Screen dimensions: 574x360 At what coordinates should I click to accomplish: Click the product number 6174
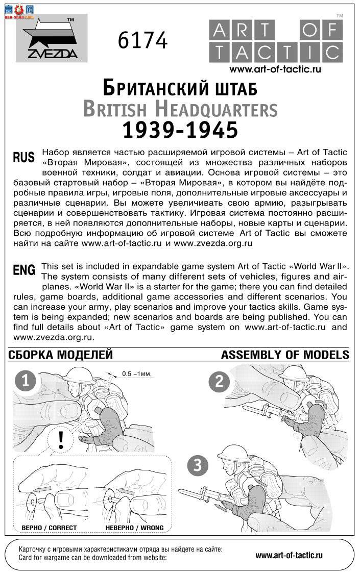[x=142, y=40]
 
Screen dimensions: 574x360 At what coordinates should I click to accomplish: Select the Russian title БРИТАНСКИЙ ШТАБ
[x=180, y=89]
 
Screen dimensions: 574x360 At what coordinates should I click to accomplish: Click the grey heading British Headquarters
[x=180, y=109]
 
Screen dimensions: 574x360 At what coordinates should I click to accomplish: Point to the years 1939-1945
[x=180, y=131]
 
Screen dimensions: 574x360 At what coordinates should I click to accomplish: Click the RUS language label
[x=23, y=158]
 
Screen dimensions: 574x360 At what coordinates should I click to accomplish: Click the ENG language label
[x=24, y=270]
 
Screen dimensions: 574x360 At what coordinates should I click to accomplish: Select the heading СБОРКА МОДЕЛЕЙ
[x=61, y=355]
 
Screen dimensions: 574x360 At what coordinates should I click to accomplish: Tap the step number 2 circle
[x=219, y=382]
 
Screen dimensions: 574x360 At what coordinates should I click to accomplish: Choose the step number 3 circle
[x=198, y=465]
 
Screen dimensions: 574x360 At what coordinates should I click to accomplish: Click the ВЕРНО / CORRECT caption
[x=49, y=528]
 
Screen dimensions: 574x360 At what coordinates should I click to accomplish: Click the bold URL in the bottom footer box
[x=289, y=555]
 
